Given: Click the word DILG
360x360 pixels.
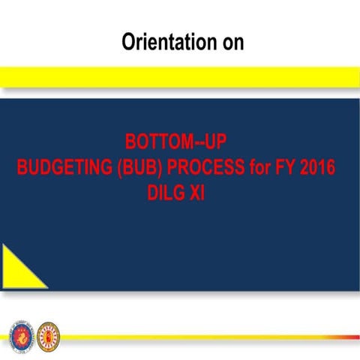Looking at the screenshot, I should pos(167,190).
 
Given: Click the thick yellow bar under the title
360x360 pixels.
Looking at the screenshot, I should pos(180,76).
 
